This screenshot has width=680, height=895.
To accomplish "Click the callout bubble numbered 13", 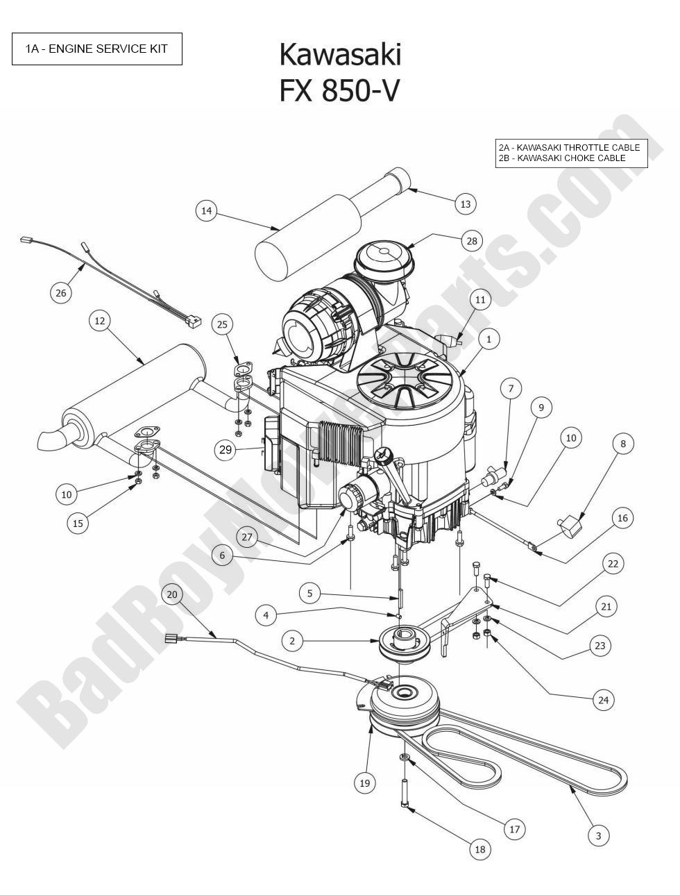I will pyautogui.click(x=466, y=203).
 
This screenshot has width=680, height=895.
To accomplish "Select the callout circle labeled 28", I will pyautogui.click(x=472, y=241).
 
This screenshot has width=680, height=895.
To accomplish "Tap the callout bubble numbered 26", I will pyautogui.click(x=61, y=293).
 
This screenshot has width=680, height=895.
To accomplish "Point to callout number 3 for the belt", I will pyautogui.click(x=599, y=835).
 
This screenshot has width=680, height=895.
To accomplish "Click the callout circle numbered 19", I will pyautogui.click(x=365, y=783).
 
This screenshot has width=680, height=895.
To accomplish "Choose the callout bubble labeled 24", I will pyautogui.click(x=603, y=700).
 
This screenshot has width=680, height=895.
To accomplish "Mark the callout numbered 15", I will pyautogui.click(x=78, y=523).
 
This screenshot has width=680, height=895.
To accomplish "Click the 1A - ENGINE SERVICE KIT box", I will pyautogui.click(x=97, y=49).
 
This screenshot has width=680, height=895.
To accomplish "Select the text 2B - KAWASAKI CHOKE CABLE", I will pyautogui.click(x=562, y=158).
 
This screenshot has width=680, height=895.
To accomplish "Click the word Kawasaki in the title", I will pyautogui.click(x=340, y=55).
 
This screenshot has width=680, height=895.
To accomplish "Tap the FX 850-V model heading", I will pyautogui.click(x=340, y=91).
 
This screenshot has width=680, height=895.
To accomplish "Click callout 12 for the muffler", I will pyautogui.click(x=100, y=320).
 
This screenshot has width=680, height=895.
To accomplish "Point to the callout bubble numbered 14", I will pyautogui.click(x=207, y=210).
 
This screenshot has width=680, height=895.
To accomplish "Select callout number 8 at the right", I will pyautogui.click(x=623, y=444).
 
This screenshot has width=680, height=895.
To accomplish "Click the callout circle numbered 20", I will pyautogui.click(x=173, y=594).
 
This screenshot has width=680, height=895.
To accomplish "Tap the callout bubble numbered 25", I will pyautogui.click(x=222, y=324).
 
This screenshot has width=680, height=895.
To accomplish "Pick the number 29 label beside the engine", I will pyautogui.click(x=226, y=450).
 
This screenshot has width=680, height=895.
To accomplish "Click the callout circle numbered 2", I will pyautogui.click(x=292, y=641).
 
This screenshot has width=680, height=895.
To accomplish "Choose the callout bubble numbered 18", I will pyautogui.click(x=479, y=849).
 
